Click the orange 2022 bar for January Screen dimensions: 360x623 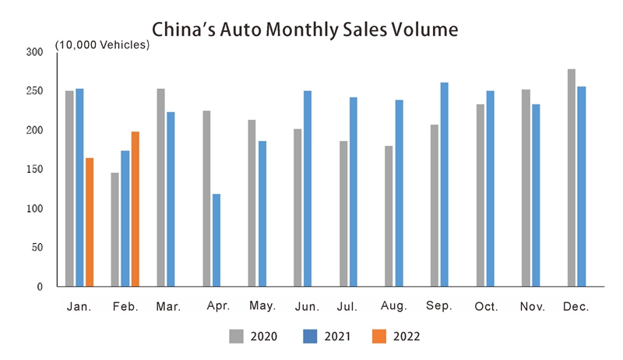point(90,222)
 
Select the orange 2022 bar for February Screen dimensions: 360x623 point(136,209)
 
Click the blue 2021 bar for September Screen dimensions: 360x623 point(444,185)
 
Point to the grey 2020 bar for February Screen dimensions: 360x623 point(115,229)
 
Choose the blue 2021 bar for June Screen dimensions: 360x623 point(308,189)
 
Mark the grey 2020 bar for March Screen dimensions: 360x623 point(160,188)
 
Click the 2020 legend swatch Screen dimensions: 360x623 point(236,337)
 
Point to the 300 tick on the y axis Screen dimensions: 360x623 point(34,52)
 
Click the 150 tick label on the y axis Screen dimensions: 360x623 point(34,169)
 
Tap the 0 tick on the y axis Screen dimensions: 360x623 point(39,287)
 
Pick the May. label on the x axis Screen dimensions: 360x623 point(262,307)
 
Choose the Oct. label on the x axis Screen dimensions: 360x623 point(487,307)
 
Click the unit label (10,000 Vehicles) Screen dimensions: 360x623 point(102,45)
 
